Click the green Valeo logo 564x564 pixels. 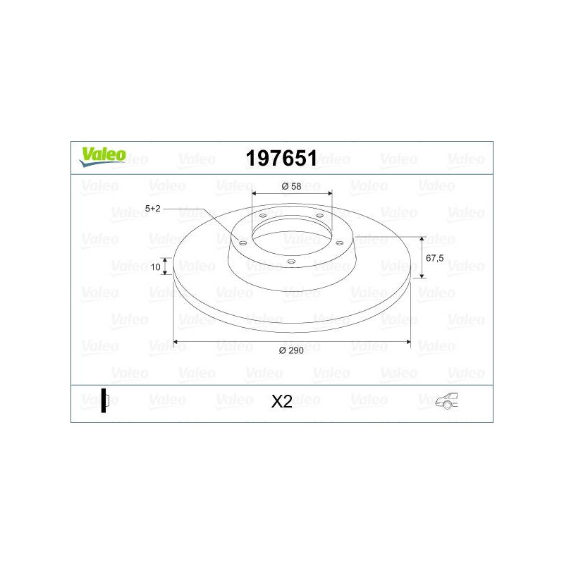[102, 157]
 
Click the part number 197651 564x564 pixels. [281, 158]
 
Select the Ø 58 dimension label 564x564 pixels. [291, 186]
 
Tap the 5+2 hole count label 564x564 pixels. [152, 209]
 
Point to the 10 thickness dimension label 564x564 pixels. [155, 267]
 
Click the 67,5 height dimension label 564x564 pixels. [434, 258]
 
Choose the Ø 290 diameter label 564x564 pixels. [291, 350]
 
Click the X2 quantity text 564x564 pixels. [281, 401]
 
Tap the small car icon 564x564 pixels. [447, 400]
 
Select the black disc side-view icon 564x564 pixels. [104, 400]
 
